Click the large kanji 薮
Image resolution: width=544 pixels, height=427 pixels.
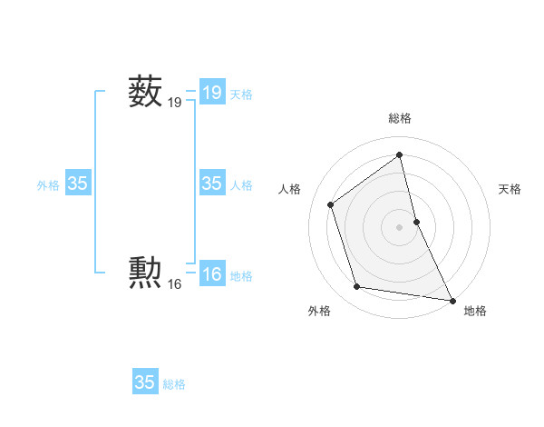pyautogui.click(x=145, y=92)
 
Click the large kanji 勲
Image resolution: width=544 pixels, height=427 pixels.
pyautogui.click(x=145, y=271)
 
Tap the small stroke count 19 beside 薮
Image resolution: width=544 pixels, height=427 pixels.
pyautogui.click(x=174, y=104)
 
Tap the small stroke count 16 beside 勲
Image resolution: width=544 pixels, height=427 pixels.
pyautogui.click(x=174, y=284)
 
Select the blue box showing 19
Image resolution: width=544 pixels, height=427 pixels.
pyautogui.click(x=212, y=92)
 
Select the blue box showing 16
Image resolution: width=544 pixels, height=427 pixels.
pyautogui.click(x=212, y=274)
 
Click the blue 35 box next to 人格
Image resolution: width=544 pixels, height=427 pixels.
pyautogui.click(x=212, y=184)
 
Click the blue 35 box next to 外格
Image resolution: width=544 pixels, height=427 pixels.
pyautogui.click(x=78, y=184)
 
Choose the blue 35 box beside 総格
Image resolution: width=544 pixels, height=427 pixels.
pyautogui.click(x=145, y=382)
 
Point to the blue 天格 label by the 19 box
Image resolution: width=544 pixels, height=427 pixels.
pyautogui.click(x=241, y=94)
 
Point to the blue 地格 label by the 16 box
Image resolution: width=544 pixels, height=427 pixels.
pyautogui.click(x=241, y=276)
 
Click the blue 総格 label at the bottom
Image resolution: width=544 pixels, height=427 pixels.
pyautogui.click(x=174, y=384)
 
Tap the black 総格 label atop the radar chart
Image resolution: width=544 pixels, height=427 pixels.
pyautogui.click(x=400, y=118)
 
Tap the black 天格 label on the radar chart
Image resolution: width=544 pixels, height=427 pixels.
pyautogui.click(x=510, y=189)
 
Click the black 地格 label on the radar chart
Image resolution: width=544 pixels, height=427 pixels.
pyautogui.click(x=475, y=311)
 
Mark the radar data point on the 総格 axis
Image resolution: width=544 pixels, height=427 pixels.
pyautogui.click(x=400, y=154)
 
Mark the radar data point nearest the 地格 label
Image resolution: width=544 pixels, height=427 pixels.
pyautogui.click(x=452, y=299)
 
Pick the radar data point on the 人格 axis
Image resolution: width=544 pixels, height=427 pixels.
pyautogui.click(x=331, y=204)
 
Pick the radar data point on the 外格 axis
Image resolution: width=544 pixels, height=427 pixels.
pyautogui.click(x=357, y=287)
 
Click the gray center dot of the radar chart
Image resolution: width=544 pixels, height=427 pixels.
pyautogui.click(x=400, y=227)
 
